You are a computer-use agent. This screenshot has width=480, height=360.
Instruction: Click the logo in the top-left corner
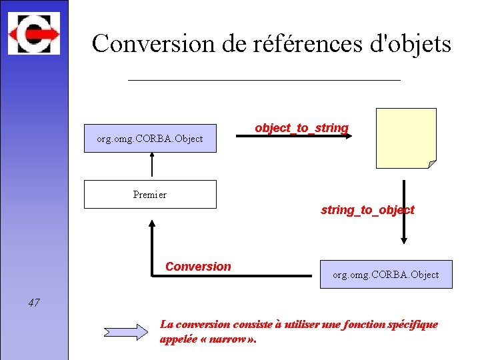coord(33,31)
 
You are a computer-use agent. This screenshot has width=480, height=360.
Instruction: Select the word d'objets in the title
coord(416,44)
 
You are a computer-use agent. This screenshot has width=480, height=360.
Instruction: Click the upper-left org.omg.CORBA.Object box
coord(150,139)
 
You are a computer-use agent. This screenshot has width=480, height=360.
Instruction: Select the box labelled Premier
coord(150,195)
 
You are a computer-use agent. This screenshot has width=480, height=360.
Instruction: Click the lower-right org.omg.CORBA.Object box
coord(386,274)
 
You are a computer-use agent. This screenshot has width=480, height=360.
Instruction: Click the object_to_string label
coord(301,127)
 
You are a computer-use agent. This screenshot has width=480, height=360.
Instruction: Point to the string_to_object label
coord(367,210)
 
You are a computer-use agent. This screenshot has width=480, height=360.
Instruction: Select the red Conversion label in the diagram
coord(198,267)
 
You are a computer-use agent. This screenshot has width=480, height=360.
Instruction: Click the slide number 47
coord(34,303)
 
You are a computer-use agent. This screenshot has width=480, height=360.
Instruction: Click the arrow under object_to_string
coord(300,137)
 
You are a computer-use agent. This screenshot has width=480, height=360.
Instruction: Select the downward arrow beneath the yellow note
coord(403,213)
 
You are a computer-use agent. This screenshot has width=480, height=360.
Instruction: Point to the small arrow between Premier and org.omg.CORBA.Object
coord(153,166)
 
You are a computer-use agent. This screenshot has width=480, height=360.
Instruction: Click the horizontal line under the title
coord(263,80)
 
